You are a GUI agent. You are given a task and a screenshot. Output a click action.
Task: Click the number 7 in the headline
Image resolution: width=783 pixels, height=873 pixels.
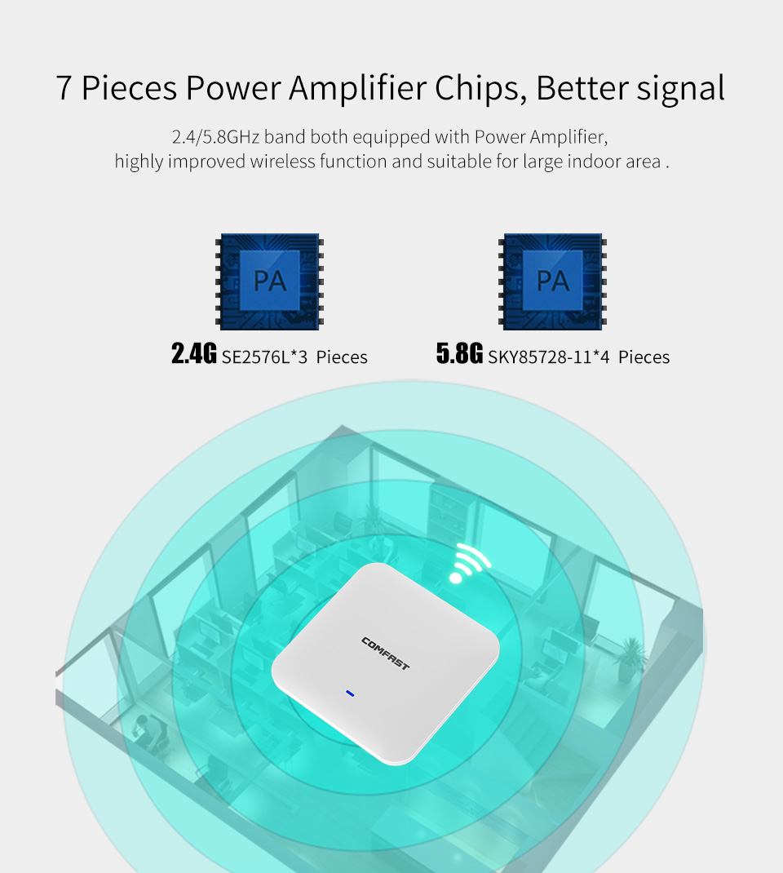(x=64, y=88)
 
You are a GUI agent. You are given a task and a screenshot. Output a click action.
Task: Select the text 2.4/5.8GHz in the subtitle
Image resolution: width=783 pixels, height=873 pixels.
(x=216, y=137)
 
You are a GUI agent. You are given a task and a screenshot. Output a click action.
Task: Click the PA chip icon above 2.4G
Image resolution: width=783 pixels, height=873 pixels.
(x=269, y=281)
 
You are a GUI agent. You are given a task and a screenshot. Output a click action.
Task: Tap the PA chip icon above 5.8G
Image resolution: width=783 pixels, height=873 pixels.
(x=552, y=281)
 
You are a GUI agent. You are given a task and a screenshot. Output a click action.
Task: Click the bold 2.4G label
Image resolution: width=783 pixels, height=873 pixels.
(x=193, y=353)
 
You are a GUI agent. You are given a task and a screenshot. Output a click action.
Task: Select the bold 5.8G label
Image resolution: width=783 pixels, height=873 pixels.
(x=459, y=353)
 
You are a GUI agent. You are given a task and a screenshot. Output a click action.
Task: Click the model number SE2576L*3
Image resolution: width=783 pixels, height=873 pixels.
(x=264, y=357)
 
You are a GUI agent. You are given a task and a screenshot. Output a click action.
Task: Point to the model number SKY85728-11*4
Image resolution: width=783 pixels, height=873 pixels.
(x=549, y=357)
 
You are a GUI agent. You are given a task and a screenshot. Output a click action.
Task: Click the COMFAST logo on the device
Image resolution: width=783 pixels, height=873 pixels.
(x=385, y=654)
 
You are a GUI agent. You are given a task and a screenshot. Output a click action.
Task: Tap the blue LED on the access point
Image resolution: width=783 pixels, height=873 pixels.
(x=350, y=694)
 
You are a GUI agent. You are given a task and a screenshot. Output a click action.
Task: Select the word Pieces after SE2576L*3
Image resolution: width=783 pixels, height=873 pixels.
(x=342, y=357)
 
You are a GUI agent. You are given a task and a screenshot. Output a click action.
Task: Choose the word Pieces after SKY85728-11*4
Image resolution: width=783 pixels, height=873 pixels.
(x=644, y=357)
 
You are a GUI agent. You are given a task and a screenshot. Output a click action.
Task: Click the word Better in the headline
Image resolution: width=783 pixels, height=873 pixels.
(x=582, y=89)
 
